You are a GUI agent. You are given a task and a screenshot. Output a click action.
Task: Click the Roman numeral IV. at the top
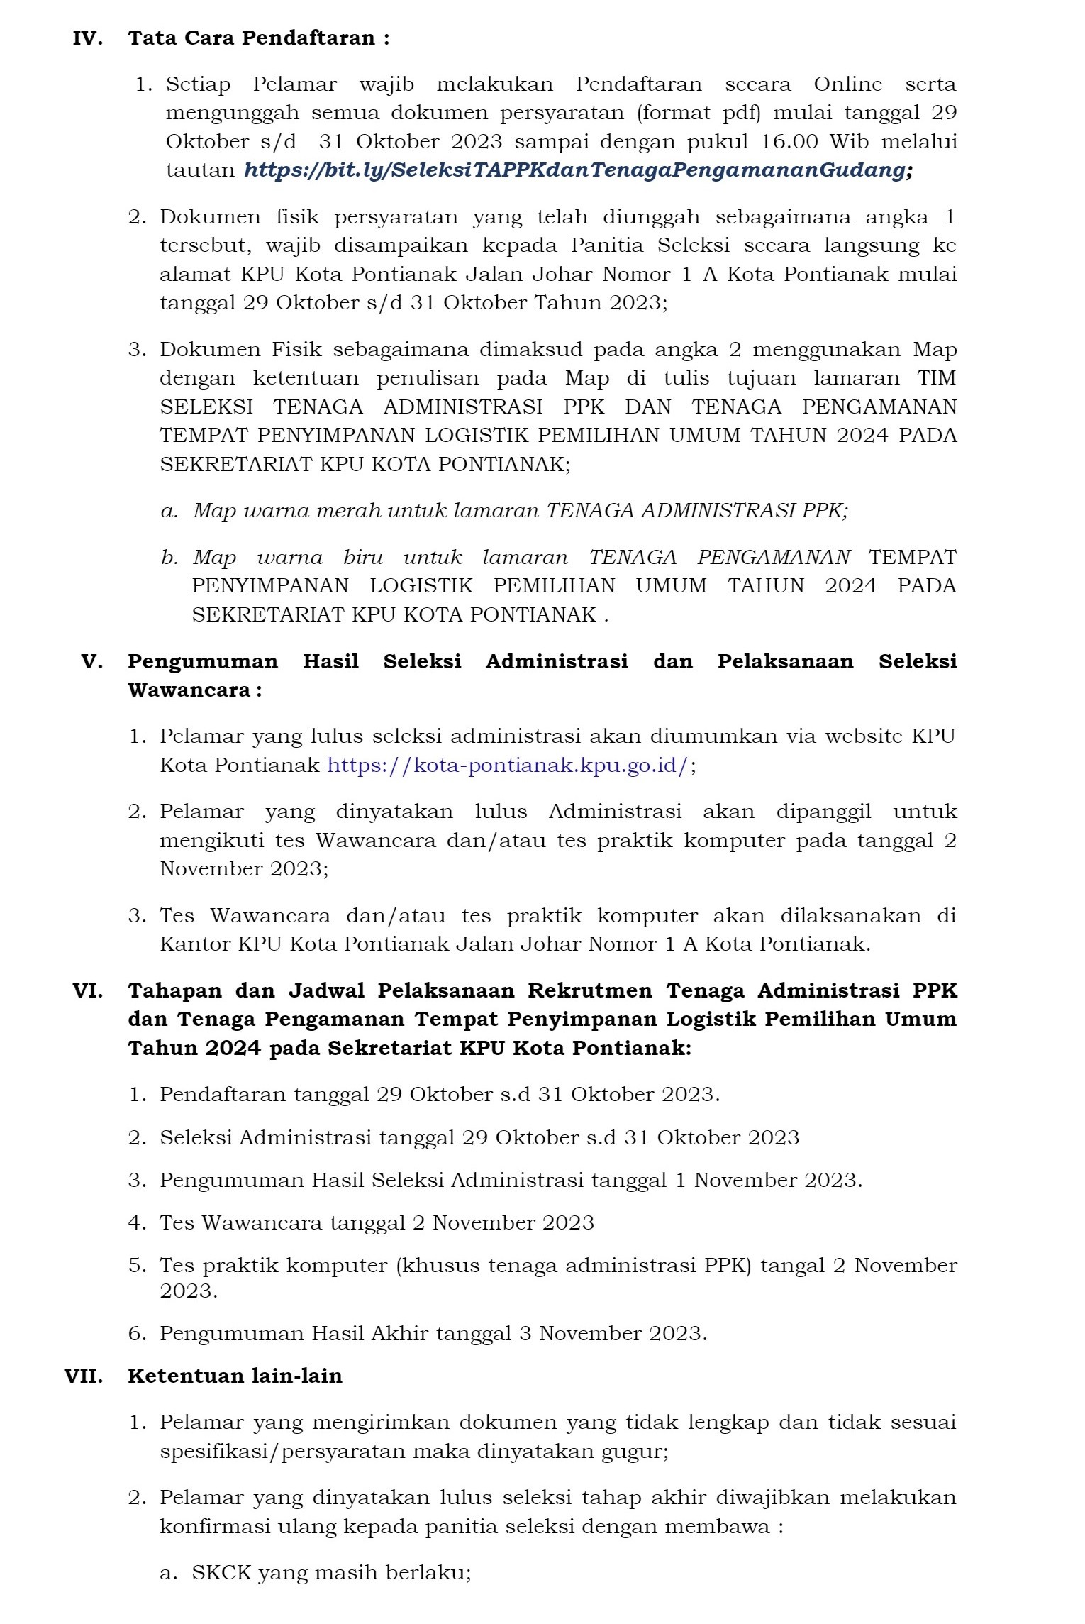click(x=87, y=38)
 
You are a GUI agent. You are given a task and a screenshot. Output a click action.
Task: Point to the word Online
click(x=847, y=84)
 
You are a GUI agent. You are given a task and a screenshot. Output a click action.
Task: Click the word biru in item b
click(x=362, y=558)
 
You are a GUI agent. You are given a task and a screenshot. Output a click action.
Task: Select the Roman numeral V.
click(x=92, y=662)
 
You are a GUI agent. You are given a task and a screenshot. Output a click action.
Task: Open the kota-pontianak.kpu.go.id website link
click(x=507, y=766)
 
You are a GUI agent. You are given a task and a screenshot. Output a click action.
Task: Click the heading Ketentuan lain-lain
click(x=235, y=1376)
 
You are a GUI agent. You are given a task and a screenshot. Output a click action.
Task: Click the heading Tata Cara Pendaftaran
click(x=258, y=38)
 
